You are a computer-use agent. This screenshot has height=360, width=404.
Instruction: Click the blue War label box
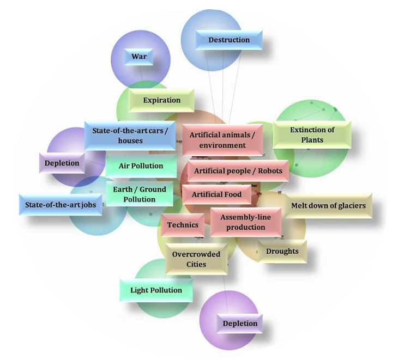[139, 57]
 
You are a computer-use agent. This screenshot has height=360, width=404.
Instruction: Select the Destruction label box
[229, 40]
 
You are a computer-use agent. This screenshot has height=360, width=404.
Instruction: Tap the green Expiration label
[161, 100]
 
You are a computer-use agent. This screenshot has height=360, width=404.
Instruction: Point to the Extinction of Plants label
[312, 135]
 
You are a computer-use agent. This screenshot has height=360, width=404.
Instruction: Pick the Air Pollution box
[141, 166]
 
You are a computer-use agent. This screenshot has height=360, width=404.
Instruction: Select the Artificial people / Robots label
[238, 171]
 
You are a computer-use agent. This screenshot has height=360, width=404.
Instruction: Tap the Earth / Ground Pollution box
[139, 194]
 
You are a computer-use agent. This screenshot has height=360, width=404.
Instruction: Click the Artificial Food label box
[217, 194]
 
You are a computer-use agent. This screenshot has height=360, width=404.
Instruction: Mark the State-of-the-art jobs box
[61, 205]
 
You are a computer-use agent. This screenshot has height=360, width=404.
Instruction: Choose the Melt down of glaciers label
[328, 206]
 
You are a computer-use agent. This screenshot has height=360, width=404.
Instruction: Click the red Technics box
[183, 224]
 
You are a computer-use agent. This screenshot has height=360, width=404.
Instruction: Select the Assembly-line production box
[245, 222]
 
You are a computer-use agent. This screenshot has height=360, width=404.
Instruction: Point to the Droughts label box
[282, 251]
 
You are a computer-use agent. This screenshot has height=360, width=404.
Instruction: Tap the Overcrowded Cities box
[196, 259]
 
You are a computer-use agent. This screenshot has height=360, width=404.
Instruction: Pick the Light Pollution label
[156, 290]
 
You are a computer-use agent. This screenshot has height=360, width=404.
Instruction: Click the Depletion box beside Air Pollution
[62, 163]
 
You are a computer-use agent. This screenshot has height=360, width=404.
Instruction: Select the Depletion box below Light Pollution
[240, 324]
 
